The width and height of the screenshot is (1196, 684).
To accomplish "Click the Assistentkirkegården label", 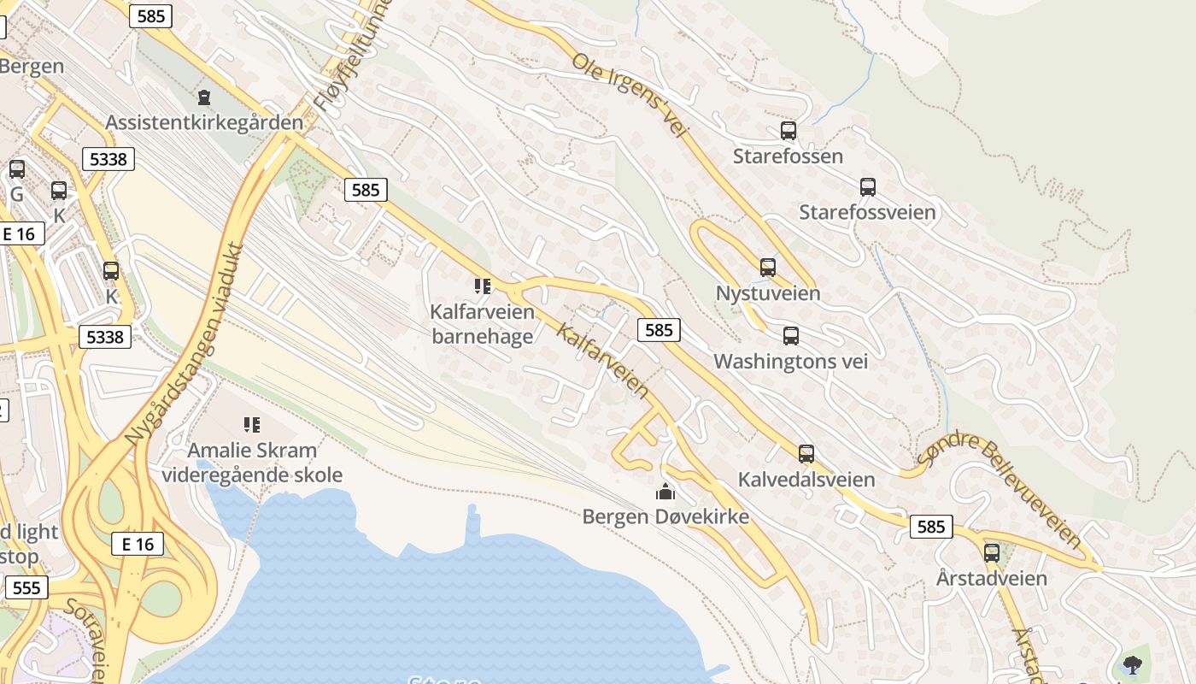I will pos(204,122).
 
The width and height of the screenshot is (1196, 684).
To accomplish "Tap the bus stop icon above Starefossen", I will pos(788,131).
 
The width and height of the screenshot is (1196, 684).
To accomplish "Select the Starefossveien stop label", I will pos(867,211).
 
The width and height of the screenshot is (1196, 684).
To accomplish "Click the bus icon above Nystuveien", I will pos(768,268).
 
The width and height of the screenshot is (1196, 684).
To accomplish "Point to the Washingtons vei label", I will pos(790,361).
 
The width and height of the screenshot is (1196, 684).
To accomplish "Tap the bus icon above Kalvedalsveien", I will pos(806,454).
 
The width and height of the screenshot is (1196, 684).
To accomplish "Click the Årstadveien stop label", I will pos(991,578).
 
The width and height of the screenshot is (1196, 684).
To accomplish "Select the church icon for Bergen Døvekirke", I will pos(665,492).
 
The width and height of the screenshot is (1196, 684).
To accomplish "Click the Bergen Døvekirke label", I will pos(665,516).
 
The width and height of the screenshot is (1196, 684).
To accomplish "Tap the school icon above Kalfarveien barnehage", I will pos(483,286).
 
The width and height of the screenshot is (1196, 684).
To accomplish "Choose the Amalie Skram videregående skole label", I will pos(252,463).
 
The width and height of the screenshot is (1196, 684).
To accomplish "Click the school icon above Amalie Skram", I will pos(251,424).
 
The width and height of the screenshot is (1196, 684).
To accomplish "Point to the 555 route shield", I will pos(26,587).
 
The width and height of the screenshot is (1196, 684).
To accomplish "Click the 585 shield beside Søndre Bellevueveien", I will pos(930,527).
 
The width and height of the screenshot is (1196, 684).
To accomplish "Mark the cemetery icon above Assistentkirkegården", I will pos(203,97).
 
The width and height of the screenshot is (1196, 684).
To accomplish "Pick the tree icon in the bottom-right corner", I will pos(1132,664).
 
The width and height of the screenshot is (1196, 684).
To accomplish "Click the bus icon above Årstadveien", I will pos(991,552).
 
